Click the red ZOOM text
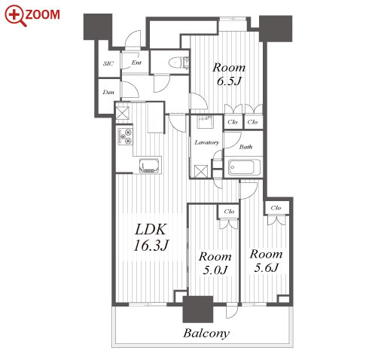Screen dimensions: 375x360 pos(42,14)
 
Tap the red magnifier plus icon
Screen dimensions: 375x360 pos(14,15)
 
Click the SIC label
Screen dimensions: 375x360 pos(108,63)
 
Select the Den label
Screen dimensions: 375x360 pos(108,92)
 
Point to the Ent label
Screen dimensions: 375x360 pos(136,63)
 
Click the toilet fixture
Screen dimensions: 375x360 pos(178,63)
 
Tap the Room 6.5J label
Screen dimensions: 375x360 pos(229,75)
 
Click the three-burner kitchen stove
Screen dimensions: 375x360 pos(125,136)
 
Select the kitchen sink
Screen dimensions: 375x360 pos(150,166)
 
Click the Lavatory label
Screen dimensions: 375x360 pos(207,142)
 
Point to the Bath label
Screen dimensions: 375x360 pos(245,147)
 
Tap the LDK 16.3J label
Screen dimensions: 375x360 pos(151,237)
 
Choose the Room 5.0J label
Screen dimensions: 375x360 pos(215,263)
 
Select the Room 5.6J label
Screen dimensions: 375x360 pos(266,261)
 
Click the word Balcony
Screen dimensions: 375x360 pos(206,334)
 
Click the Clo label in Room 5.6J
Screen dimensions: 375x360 pos(276,208)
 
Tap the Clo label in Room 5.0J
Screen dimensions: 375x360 pos(229,212)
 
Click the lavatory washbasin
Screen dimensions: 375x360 pos(206,122)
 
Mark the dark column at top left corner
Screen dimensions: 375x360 pos(98,26)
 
